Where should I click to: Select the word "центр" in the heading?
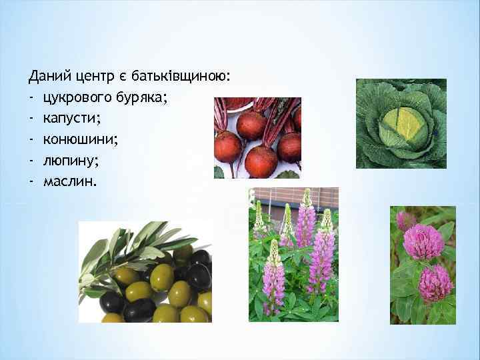click(x=95, y=79)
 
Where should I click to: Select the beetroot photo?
click(x=257, y=137)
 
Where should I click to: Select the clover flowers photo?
click(x=423, y=264)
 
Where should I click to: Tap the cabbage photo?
click(x=401, y=123)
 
